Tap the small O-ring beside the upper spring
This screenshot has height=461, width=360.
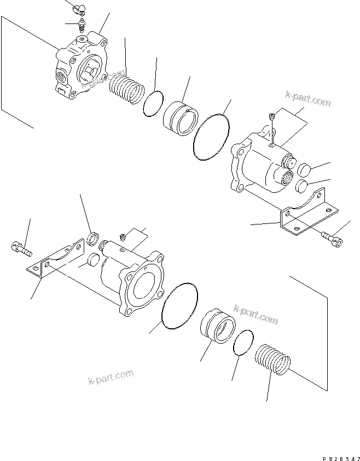pos(154,103)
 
